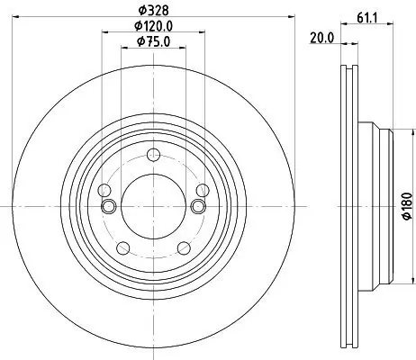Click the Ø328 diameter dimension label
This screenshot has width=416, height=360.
153,11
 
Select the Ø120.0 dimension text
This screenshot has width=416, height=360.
153,26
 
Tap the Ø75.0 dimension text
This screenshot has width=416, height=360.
153,41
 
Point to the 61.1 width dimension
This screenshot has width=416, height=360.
367,19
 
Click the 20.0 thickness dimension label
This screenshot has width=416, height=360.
321,38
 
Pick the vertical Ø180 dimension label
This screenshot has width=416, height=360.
407,206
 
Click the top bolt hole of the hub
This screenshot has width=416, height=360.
153,155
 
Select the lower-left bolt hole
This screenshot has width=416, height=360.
122,248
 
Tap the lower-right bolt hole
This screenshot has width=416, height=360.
184,248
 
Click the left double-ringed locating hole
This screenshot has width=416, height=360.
108,206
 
